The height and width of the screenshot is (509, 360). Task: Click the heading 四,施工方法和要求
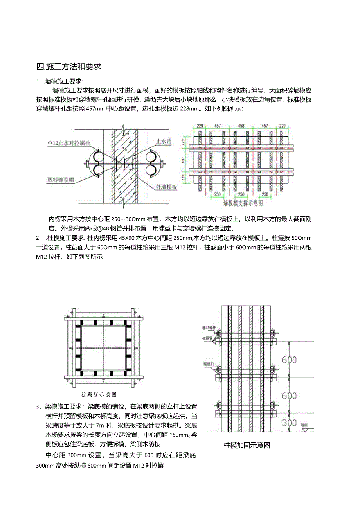tap(68, 67)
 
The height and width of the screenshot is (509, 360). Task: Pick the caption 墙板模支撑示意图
tap(243, 203)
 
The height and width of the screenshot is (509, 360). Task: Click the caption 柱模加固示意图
tap(247, 445)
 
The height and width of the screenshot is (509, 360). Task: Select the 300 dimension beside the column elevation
tap(290, 423)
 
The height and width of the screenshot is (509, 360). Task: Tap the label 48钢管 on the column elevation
tap(207, 338)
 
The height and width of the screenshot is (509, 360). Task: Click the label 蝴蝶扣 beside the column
tap(207, 363)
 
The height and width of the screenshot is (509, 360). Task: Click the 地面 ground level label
tap(304, 424)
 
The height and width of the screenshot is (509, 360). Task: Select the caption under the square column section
tap(99, 394)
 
